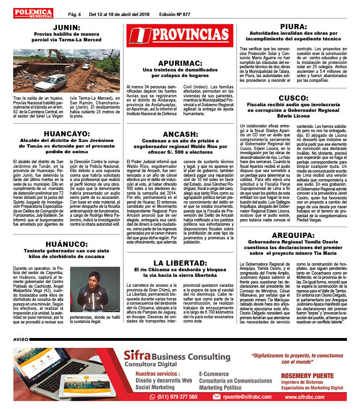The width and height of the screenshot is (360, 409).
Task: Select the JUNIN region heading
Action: coord(66,27)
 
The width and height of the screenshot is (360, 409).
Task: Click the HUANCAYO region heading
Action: coord(66,134)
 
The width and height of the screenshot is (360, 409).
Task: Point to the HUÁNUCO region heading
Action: coord(67,244)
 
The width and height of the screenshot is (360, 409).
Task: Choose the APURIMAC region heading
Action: coord(180,63)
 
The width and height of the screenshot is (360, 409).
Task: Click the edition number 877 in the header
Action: coord(184,14)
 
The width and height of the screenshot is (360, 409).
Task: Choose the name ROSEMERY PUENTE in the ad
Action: coord(307,376)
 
